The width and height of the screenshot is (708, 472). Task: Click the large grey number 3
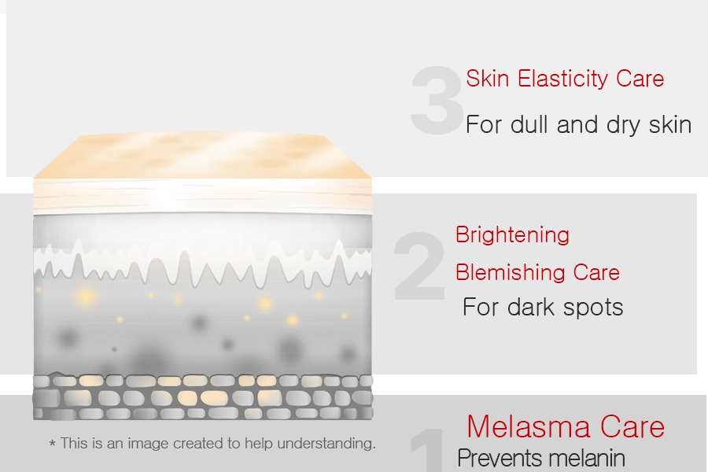pos(437,100)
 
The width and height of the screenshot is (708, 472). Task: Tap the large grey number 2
pos(419,266)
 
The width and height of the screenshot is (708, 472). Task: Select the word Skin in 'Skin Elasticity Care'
pos(488,79)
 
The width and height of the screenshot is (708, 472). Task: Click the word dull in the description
pos(529,124)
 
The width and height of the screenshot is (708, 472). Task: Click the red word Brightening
pos(512,236)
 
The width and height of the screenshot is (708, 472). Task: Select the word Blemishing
pos(511,272)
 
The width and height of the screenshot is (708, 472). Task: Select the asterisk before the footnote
pos(53,444)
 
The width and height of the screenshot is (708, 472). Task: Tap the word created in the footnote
pos(194,444)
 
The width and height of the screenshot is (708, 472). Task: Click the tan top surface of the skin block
pos(202,156)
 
